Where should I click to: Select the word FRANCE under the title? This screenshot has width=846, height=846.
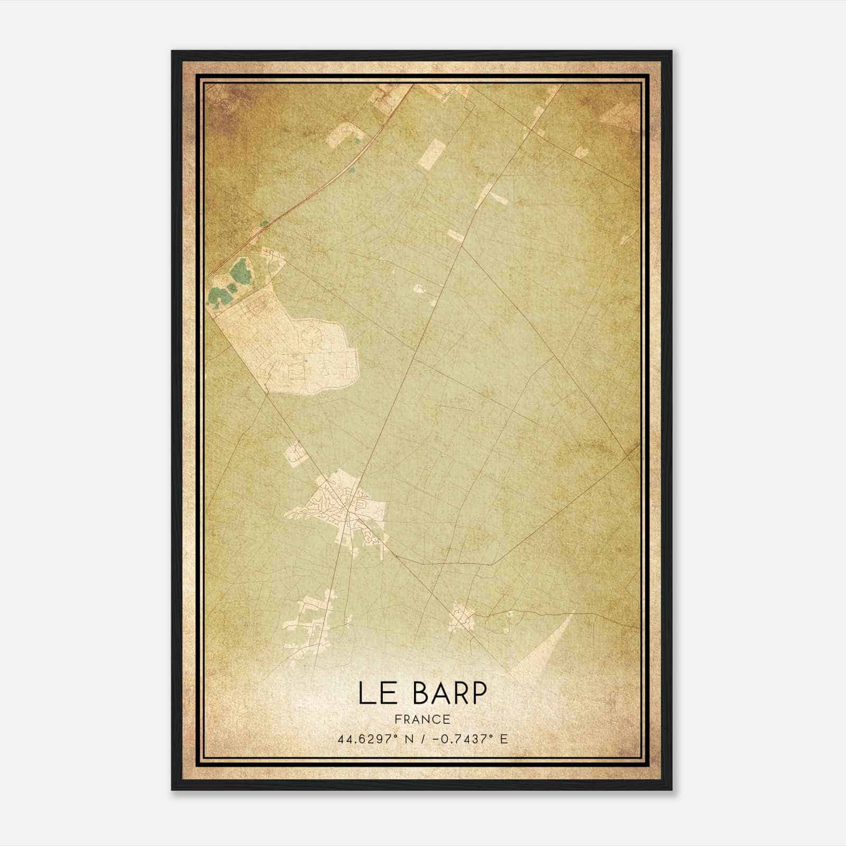pyautogui.click(x=422, y=720)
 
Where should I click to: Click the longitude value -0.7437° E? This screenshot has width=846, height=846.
pyautogui.click(x=470, y=739)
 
